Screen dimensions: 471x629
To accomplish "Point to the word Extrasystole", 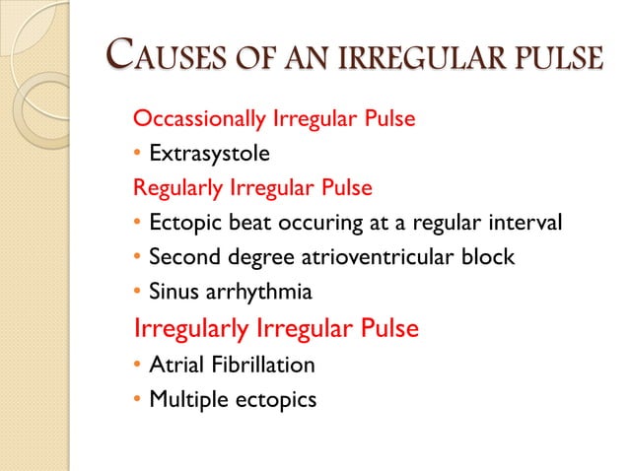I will click(209, 154).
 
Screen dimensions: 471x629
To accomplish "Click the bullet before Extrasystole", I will click(137, 155).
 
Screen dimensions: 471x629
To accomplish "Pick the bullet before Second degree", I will click(137, 257).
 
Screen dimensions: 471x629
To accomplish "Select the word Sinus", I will click(173, 292).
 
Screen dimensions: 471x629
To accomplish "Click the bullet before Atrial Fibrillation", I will click(137, 366).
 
